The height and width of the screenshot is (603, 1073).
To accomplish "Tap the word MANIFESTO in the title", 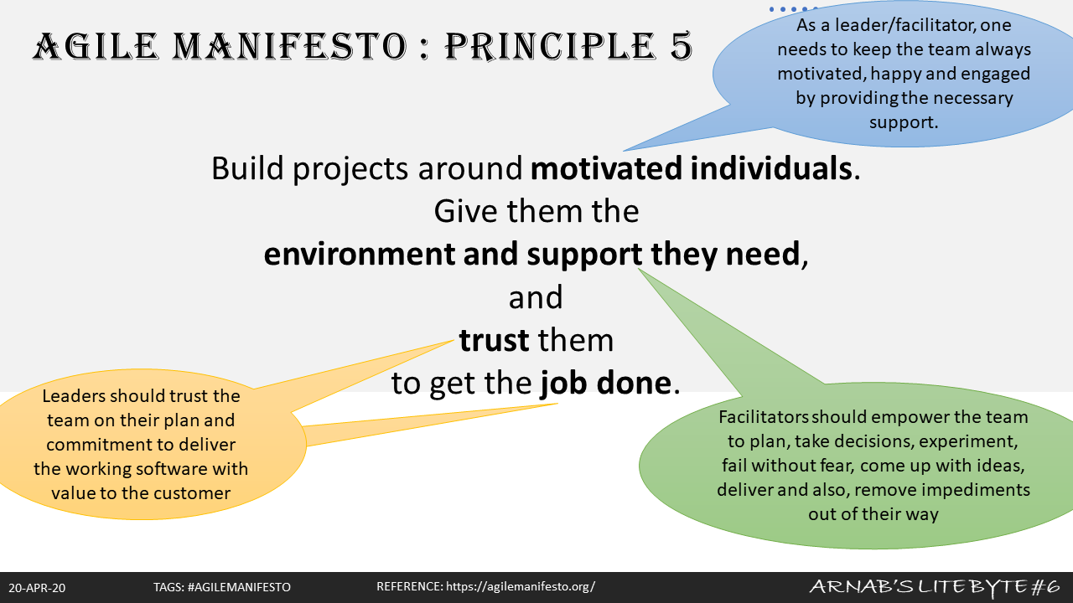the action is coord(290,46).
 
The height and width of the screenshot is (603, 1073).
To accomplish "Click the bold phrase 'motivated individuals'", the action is coord(692,168).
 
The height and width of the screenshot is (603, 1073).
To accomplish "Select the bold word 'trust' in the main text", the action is coord(494,340).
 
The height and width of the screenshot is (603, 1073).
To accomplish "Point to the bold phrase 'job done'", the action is coord(606,383).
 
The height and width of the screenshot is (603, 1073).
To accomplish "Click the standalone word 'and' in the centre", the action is coord(536,297).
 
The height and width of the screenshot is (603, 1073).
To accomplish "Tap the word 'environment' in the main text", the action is coord(359,254).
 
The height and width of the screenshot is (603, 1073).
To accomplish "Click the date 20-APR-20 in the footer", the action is coord(37,588).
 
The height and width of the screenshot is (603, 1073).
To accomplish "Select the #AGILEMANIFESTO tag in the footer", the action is coord(239,587).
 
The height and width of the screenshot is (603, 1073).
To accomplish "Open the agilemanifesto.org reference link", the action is coord(521,587).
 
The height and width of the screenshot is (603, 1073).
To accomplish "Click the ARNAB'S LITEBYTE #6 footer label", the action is coord(935,586).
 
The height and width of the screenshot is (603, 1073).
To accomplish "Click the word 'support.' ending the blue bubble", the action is coord(904,122).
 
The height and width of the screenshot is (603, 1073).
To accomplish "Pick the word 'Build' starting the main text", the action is coord(247,168).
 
